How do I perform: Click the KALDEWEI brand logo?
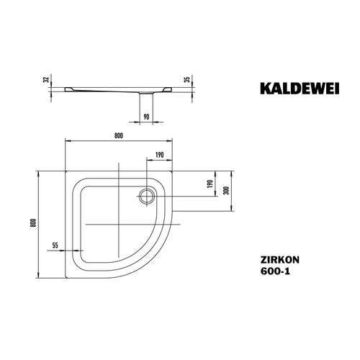coord(300,89)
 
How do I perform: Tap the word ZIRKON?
coord(280,260)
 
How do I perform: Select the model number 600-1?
coord(275,271)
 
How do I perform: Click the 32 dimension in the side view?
coord(47,78)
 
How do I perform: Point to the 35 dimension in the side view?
coord(188,78)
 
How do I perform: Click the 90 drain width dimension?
coord(146,117)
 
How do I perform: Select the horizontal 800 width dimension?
coord(119,136)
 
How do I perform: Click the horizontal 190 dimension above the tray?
coord(159,155)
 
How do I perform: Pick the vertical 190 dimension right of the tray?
coord(210,184)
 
